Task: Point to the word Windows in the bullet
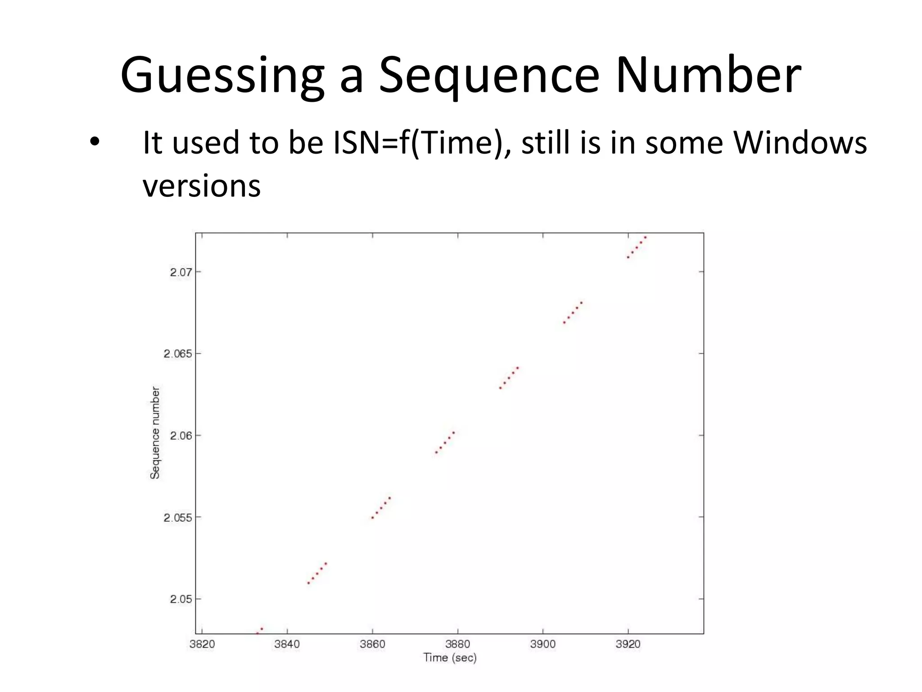pos(800,143)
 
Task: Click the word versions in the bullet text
pos(202,186)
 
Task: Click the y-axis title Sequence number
pos(155,432)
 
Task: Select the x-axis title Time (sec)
pos(450,658)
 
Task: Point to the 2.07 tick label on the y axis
pos(181,272)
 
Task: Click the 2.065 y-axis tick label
pos(177,354)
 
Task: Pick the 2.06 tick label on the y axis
pos(181,436)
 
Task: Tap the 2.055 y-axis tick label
pos(177,518)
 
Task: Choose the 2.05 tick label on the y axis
pos(181,599)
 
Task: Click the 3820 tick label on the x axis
pos(202,644)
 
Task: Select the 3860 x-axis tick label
pos(372,644)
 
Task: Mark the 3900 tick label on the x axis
pos(543,644)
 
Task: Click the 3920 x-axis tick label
pos(628,644)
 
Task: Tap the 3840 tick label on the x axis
pos(287,644)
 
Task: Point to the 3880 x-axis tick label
pos(457,644)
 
